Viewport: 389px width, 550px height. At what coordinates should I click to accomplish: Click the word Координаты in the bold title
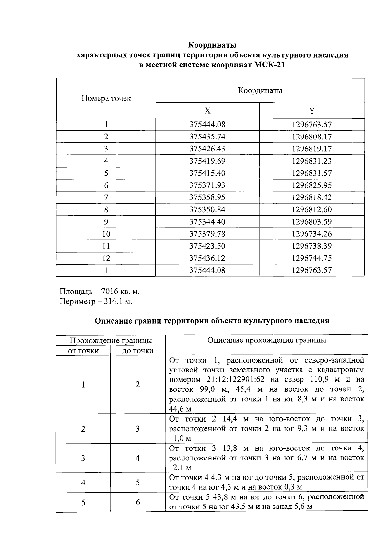pyautogui.click(x=212, y=44)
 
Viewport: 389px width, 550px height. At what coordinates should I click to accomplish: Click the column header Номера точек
pyautogui.click(x=106, y=98)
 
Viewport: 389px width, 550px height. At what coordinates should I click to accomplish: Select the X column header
pyautogui.click(x=207, y=111)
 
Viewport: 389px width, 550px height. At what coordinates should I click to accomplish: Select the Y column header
pyautogui.click(x=312, y=111)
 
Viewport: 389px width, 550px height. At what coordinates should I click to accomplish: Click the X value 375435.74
pyautogui.click(x=207, y=137)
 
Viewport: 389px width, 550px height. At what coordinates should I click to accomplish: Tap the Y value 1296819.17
pyautogui.click(x=312, y=149)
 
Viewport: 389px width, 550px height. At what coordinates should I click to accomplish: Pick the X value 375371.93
pyautogui.click(x=207, y=185)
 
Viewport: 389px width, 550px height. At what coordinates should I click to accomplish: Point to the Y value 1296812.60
pyautogui.click(x=312, y=210)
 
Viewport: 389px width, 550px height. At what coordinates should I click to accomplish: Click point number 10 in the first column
pyautogui.click(x=106, y=234)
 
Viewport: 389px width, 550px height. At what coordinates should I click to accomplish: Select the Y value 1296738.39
pyautogui.click(x=312, y=246)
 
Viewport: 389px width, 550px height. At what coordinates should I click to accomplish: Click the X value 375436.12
pyautogui.click(x=207, y=258)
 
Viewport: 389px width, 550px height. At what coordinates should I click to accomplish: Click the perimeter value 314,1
pyautogui.click(x=114, y=302)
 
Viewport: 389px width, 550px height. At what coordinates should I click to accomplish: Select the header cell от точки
pyautogui.click(x=83, y=351)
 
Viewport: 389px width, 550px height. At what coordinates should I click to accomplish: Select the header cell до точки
pyautogui.click(x=138, y=351)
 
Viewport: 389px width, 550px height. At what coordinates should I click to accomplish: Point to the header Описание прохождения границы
pyautogui.click(x=266, y=340)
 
